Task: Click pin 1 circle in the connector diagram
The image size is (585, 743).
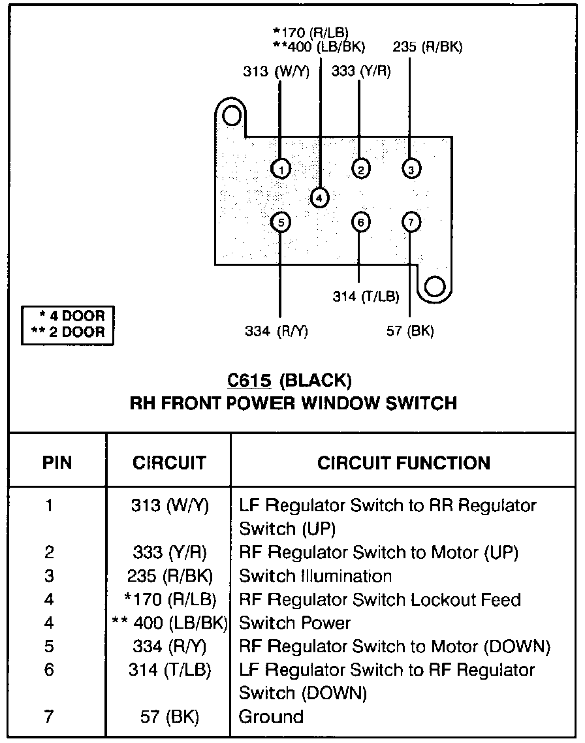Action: [x=281, y=169]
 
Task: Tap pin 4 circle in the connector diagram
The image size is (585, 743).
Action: [x=319, y=198]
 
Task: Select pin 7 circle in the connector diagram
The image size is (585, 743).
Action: [x=411, y=222]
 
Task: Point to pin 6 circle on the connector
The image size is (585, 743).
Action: [x=360, y=222]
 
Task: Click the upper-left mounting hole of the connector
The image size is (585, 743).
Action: [x=232, y=116]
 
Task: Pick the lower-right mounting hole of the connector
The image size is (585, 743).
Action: [x=434, y=286]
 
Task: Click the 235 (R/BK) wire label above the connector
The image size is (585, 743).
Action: [x=427, y=47]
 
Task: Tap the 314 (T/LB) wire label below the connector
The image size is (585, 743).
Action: [x=366, y=296]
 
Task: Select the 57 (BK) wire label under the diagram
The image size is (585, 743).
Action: [x=410, y=331]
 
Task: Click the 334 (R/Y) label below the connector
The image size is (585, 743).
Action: [x=276, y=331]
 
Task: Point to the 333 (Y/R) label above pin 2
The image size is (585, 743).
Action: [x=361, y=71]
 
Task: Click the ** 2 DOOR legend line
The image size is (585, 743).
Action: [x=68, y=332]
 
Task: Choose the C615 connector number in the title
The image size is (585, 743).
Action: [x=249, y=380]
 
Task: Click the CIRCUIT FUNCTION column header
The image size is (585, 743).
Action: [x=403, y=463]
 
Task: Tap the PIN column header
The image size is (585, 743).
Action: [x=57, y=462]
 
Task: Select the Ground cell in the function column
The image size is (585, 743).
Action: [x=271, y=716]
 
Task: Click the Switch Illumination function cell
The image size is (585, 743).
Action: [x=315, y=576]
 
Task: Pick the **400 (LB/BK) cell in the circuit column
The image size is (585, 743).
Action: [x=170, y=623]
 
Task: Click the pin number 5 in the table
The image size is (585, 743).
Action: [x=49, y=646]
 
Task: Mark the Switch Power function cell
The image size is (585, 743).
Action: [x=294, y=623]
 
